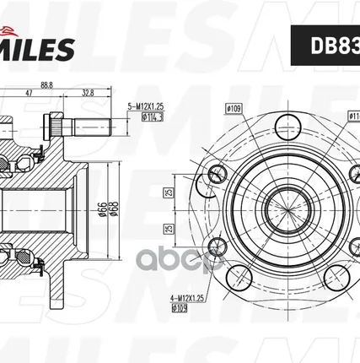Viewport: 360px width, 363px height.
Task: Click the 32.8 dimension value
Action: tap(88, 94)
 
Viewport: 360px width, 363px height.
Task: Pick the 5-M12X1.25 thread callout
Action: tap(144, 107)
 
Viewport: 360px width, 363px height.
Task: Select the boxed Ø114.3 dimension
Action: tap(151, 117)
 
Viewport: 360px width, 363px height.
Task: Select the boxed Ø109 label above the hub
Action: tap(234, 109)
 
